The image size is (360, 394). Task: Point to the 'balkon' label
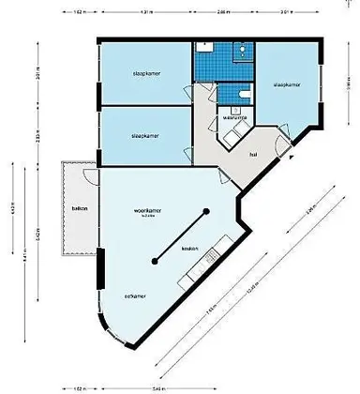point(79,209)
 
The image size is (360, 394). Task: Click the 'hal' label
point(253,155)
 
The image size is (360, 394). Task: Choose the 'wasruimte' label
point(234,118)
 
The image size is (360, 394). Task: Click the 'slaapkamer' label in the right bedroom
point(286,85)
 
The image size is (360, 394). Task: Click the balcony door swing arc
point(86,176)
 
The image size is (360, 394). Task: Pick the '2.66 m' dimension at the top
point(222,12)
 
